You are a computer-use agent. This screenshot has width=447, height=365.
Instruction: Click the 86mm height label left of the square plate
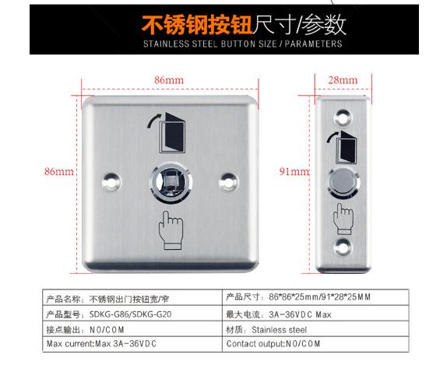click(58, 171)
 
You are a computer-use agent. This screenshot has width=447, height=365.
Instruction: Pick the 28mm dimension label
click(343, 80)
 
